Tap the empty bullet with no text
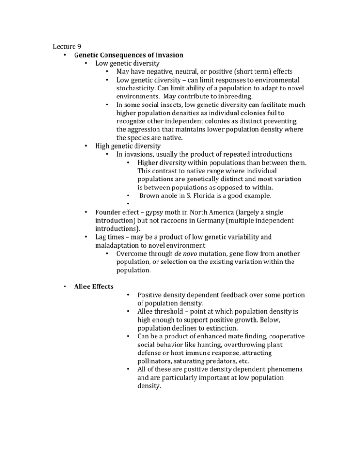pos(128,203)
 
